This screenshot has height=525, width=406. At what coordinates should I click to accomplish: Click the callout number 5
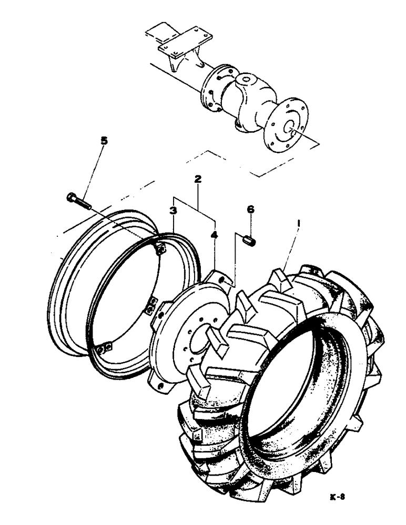click(104, 141)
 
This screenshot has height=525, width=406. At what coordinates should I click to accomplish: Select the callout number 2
click(197, 180)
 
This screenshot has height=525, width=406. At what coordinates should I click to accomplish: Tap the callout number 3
click(172, 211)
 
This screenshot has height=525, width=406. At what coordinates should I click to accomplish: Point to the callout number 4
click(214, 235)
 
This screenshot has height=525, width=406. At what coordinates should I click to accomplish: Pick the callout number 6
click(251, 209)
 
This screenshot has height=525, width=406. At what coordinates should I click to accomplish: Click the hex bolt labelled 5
click(79, 201)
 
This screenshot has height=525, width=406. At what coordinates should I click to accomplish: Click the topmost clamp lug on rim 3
click(161, 250)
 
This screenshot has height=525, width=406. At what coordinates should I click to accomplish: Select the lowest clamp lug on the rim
click(105, 348)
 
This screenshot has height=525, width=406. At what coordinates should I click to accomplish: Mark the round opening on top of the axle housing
click(245, 82)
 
